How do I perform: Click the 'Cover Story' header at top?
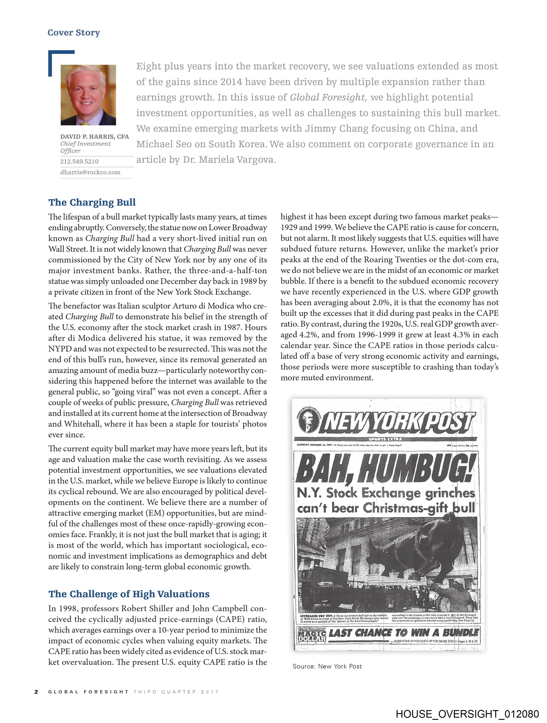pos(74,33)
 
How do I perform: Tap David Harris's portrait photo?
pos(88,95)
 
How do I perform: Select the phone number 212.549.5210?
pos(79,161)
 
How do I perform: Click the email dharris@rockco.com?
pos(90,172)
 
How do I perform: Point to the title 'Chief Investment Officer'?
pos(85,147)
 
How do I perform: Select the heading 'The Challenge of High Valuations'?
pos(129,594)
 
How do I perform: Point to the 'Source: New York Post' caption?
pos(327,667)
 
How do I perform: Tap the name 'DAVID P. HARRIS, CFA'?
pos(94,137)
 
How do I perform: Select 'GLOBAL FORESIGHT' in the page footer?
pos(88,692)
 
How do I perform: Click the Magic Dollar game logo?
pos(312,635)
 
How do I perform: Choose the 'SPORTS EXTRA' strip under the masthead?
pos(385,439)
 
